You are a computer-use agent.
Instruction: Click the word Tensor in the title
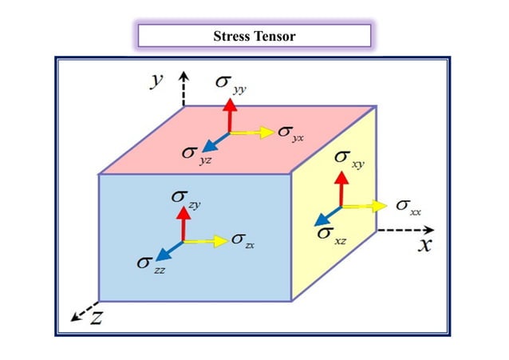(275, 36)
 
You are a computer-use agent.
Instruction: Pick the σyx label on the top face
(291, 133)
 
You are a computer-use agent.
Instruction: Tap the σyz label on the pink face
(194, 155)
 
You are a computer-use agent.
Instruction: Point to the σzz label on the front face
(151, 263)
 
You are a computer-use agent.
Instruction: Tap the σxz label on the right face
(332, 234)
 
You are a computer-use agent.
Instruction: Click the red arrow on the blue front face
(184, 223)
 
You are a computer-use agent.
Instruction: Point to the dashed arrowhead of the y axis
(184, 77)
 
